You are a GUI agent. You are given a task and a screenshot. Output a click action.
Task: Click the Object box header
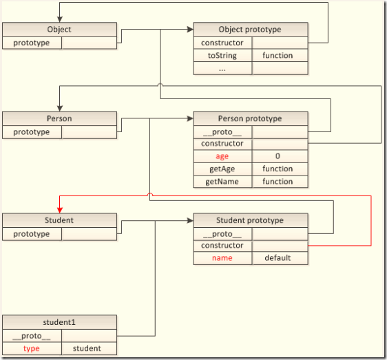(x=59, y=30)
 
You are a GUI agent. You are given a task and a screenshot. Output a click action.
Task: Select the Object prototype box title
(x=250, y=30)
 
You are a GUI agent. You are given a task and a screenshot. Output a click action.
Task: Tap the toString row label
(x=222, y=55)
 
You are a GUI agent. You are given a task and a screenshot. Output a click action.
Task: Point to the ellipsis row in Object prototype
(x=222, y=68)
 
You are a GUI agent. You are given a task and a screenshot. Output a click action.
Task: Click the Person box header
(x=59, y=118)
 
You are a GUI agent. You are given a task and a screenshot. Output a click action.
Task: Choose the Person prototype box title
(x=250, y=118)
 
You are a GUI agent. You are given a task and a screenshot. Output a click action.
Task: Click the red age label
(x=222, y=156)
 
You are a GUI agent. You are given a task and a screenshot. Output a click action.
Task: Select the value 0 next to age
(x=278, y=156)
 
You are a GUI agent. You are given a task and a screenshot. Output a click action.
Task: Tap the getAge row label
(x=222, y=169)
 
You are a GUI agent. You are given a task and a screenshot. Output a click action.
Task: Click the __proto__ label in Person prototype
(x=222, y=131)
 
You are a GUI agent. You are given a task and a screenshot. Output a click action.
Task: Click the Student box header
(x=59, y=221)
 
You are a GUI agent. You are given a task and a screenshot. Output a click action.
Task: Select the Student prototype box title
(x=250, y=221)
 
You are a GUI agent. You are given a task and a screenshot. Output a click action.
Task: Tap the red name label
(x=222, y=258)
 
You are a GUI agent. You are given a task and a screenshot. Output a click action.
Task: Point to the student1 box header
(x=59, y=323)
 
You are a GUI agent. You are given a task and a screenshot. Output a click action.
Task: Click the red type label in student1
(x=32, y=348)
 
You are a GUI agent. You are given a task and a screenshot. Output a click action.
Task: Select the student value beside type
(x=87, y=348)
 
